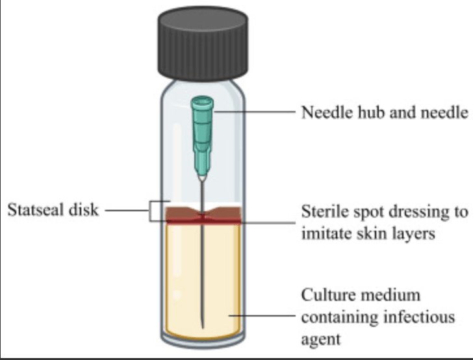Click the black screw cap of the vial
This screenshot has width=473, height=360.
click(203, 44)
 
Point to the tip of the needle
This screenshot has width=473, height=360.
click(203, 328)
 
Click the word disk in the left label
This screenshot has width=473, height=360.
click(84, 209)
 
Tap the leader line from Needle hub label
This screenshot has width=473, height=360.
click(254, 112)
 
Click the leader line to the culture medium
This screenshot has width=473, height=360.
click(262, 316)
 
